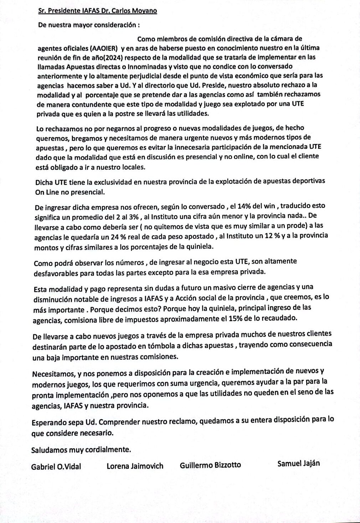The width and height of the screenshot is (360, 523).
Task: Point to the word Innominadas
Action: (x=148, y=66)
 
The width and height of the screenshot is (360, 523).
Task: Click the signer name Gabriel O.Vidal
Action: (x=56, y=467)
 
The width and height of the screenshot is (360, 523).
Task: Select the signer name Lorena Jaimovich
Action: (x=135, y=466)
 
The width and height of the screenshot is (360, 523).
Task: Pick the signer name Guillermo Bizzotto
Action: (x=210, y=465)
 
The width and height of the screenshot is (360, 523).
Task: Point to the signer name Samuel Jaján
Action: (x=298, y=463)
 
